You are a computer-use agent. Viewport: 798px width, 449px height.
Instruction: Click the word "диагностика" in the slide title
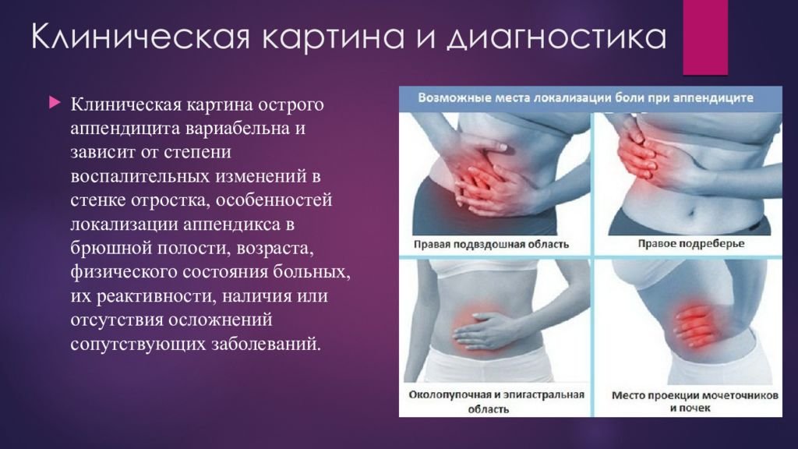(x=557, y=37)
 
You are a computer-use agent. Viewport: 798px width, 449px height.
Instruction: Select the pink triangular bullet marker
(x=55, y=103)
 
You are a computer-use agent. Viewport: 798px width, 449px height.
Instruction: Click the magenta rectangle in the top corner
(x=704, y=37)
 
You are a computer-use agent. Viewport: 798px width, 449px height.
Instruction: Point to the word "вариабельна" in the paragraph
(x=238, y=128)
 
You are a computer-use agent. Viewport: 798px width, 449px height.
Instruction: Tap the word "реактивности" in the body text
(x=155, y=295)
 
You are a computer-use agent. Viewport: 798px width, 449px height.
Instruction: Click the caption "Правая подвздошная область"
(x=491, y=244)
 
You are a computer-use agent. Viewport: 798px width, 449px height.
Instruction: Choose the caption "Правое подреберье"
(x=690, y=244)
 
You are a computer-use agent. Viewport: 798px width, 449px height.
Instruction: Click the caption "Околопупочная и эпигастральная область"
(x=496, y=401)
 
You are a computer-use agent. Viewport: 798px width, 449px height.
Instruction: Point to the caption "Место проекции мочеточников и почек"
(x=694, y=401)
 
